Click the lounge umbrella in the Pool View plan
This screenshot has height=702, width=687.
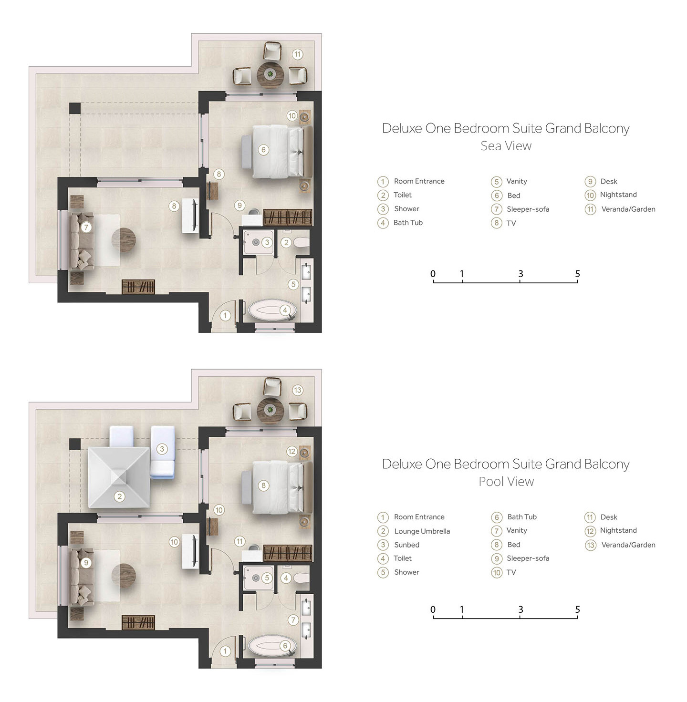pos(119,477)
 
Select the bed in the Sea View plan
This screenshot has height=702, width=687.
pos(277,151)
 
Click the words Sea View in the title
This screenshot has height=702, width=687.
pos(506,146)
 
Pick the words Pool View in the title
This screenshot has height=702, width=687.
pos(506,481)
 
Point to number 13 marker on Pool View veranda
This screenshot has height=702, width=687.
pos(297,390)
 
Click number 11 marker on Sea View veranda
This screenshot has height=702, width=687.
pos(297,54)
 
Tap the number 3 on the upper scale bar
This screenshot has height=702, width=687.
pos(520,274)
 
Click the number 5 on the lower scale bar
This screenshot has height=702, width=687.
pos(577,609)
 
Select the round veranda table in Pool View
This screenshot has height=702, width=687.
pos(270,410)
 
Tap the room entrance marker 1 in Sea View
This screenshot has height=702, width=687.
pos(225,316)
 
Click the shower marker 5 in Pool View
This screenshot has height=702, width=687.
pos(267,578)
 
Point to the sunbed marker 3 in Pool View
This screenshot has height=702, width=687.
pos(162,449)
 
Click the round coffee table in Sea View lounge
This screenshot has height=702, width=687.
pos(124,240)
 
